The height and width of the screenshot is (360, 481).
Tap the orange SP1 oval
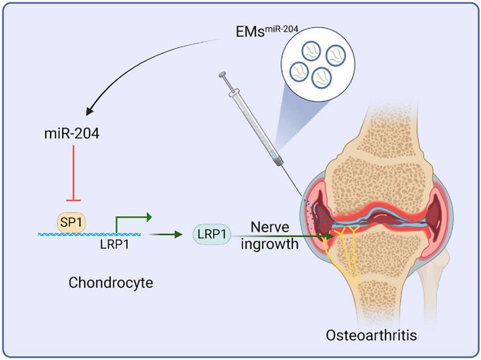71,221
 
